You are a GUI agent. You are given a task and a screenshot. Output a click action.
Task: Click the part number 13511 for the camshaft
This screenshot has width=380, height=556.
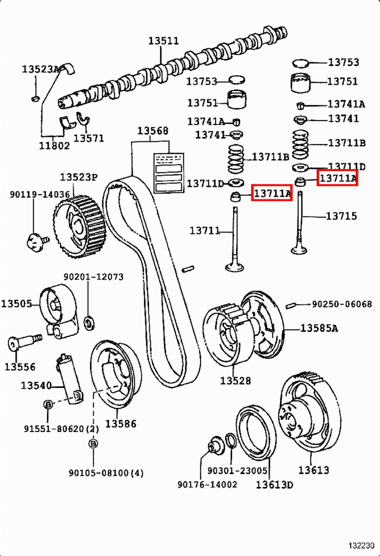click(164, 41)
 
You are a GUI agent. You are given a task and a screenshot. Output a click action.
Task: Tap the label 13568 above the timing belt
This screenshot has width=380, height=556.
click(152, 131)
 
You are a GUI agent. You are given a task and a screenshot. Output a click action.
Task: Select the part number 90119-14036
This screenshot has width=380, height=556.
click(40, 194)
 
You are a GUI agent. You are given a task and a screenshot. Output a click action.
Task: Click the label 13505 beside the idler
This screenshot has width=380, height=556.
click(16, 303)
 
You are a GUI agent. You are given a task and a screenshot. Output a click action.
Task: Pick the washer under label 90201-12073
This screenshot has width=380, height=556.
click(90, 323)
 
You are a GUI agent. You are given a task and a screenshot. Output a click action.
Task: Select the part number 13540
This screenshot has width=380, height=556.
click(36, 385)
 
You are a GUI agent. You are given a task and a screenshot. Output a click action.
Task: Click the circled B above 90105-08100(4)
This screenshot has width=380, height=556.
click(93, 444)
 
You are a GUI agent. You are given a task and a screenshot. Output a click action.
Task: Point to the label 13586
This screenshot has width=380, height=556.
click(121, 424)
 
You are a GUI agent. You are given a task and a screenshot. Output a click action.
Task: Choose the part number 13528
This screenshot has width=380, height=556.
click(235, 381)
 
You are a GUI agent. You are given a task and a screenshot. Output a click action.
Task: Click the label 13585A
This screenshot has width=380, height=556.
click(319, 328)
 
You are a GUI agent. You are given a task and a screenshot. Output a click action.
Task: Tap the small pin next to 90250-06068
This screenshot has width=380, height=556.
click(290, 305)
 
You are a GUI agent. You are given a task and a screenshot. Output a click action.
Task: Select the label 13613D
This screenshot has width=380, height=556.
click(274, 485)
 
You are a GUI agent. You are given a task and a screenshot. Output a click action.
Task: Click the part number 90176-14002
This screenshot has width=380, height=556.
click(207, 484)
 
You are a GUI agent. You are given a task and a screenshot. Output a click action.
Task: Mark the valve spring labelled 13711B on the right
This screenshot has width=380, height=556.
click(300, 144)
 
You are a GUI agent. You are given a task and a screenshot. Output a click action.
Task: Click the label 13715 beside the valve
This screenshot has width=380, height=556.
click(341, 216)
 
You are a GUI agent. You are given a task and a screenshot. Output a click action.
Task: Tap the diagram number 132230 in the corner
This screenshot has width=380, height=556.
click(361, 546)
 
